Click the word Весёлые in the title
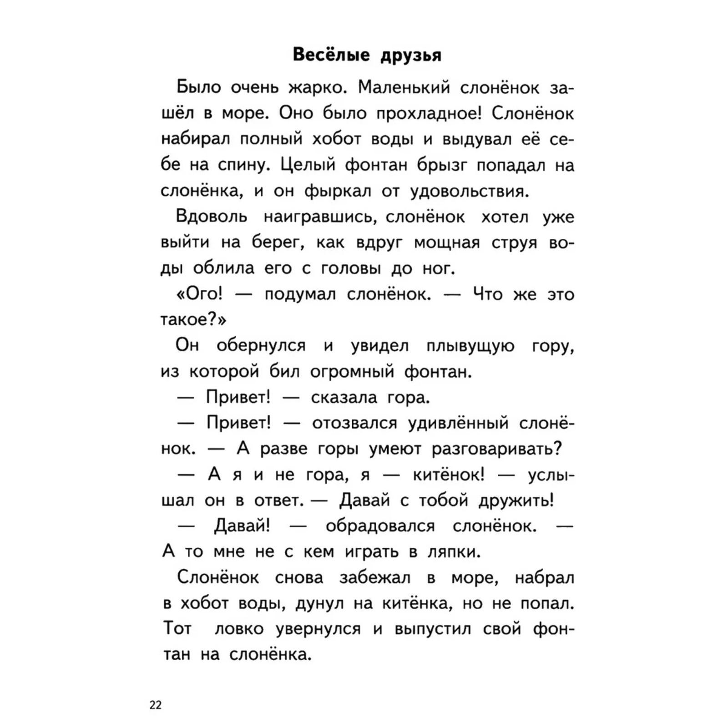pyautogui.click(x=331, y=55)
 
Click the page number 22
pyautogui.click(x=156, y=705)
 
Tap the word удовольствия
pyautogui.click(x=470, y=192)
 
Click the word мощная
pyautogui.click(x=447, y=243)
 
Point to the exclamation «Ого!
pyautogui.click(x=199, y=294)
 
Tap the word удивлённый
pyautogui.click(x=458, y=424)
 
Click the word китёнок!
pyautogui.click(x=449, y=475)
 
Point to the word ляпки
pyautogui.click(x=454, y=552)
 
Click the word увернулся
pyautogui.click(x=318, y=629)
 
